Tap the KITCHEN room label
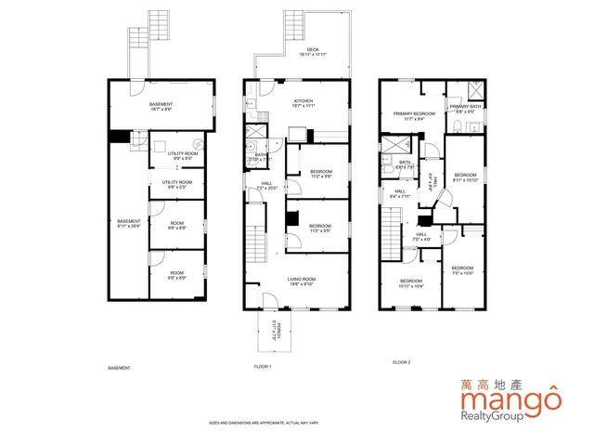[x=303, y=102]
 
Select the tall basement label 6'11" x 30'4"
[x=129, y=223]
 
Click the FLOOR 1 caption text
[x=263, y=368]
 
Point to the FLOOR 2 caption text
[x=401, y=361]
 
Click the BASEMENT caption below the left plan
[x=120, y=368]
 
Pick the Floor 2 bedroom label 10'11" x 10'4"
[x=410, y=282]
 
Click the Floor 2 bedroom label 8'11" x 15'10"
[x=465, y=177]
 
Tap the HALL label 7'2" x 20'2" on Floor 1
[x=266, y=186]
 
